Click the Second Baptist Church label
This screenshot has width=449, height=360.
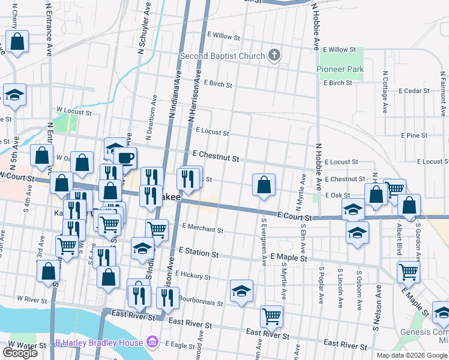[221, 56]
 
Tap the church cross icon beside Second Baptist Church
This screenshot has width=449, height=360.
[274, 56]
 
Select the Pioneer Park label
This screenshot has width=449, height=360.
[340, 70]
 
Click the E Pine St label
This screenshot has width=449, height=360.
[414, 136]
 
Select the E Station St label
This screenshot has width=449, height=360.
[198, 253]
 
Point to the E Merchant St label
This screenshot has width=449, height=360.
[203, 229]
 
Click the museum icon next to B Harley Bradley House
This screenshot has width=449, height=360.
[152, 343]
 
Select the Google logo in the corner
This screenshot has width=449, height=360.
[20, 353]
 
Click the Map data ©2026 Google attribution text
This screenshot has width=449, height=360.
[412, 355]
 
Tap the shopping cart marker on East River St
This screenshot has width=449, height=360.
[271, 316]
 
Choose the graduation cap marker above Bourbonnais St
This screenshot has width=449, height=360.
[242, 291]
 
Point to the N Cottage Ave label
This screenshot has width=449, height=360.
[385, 95]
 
